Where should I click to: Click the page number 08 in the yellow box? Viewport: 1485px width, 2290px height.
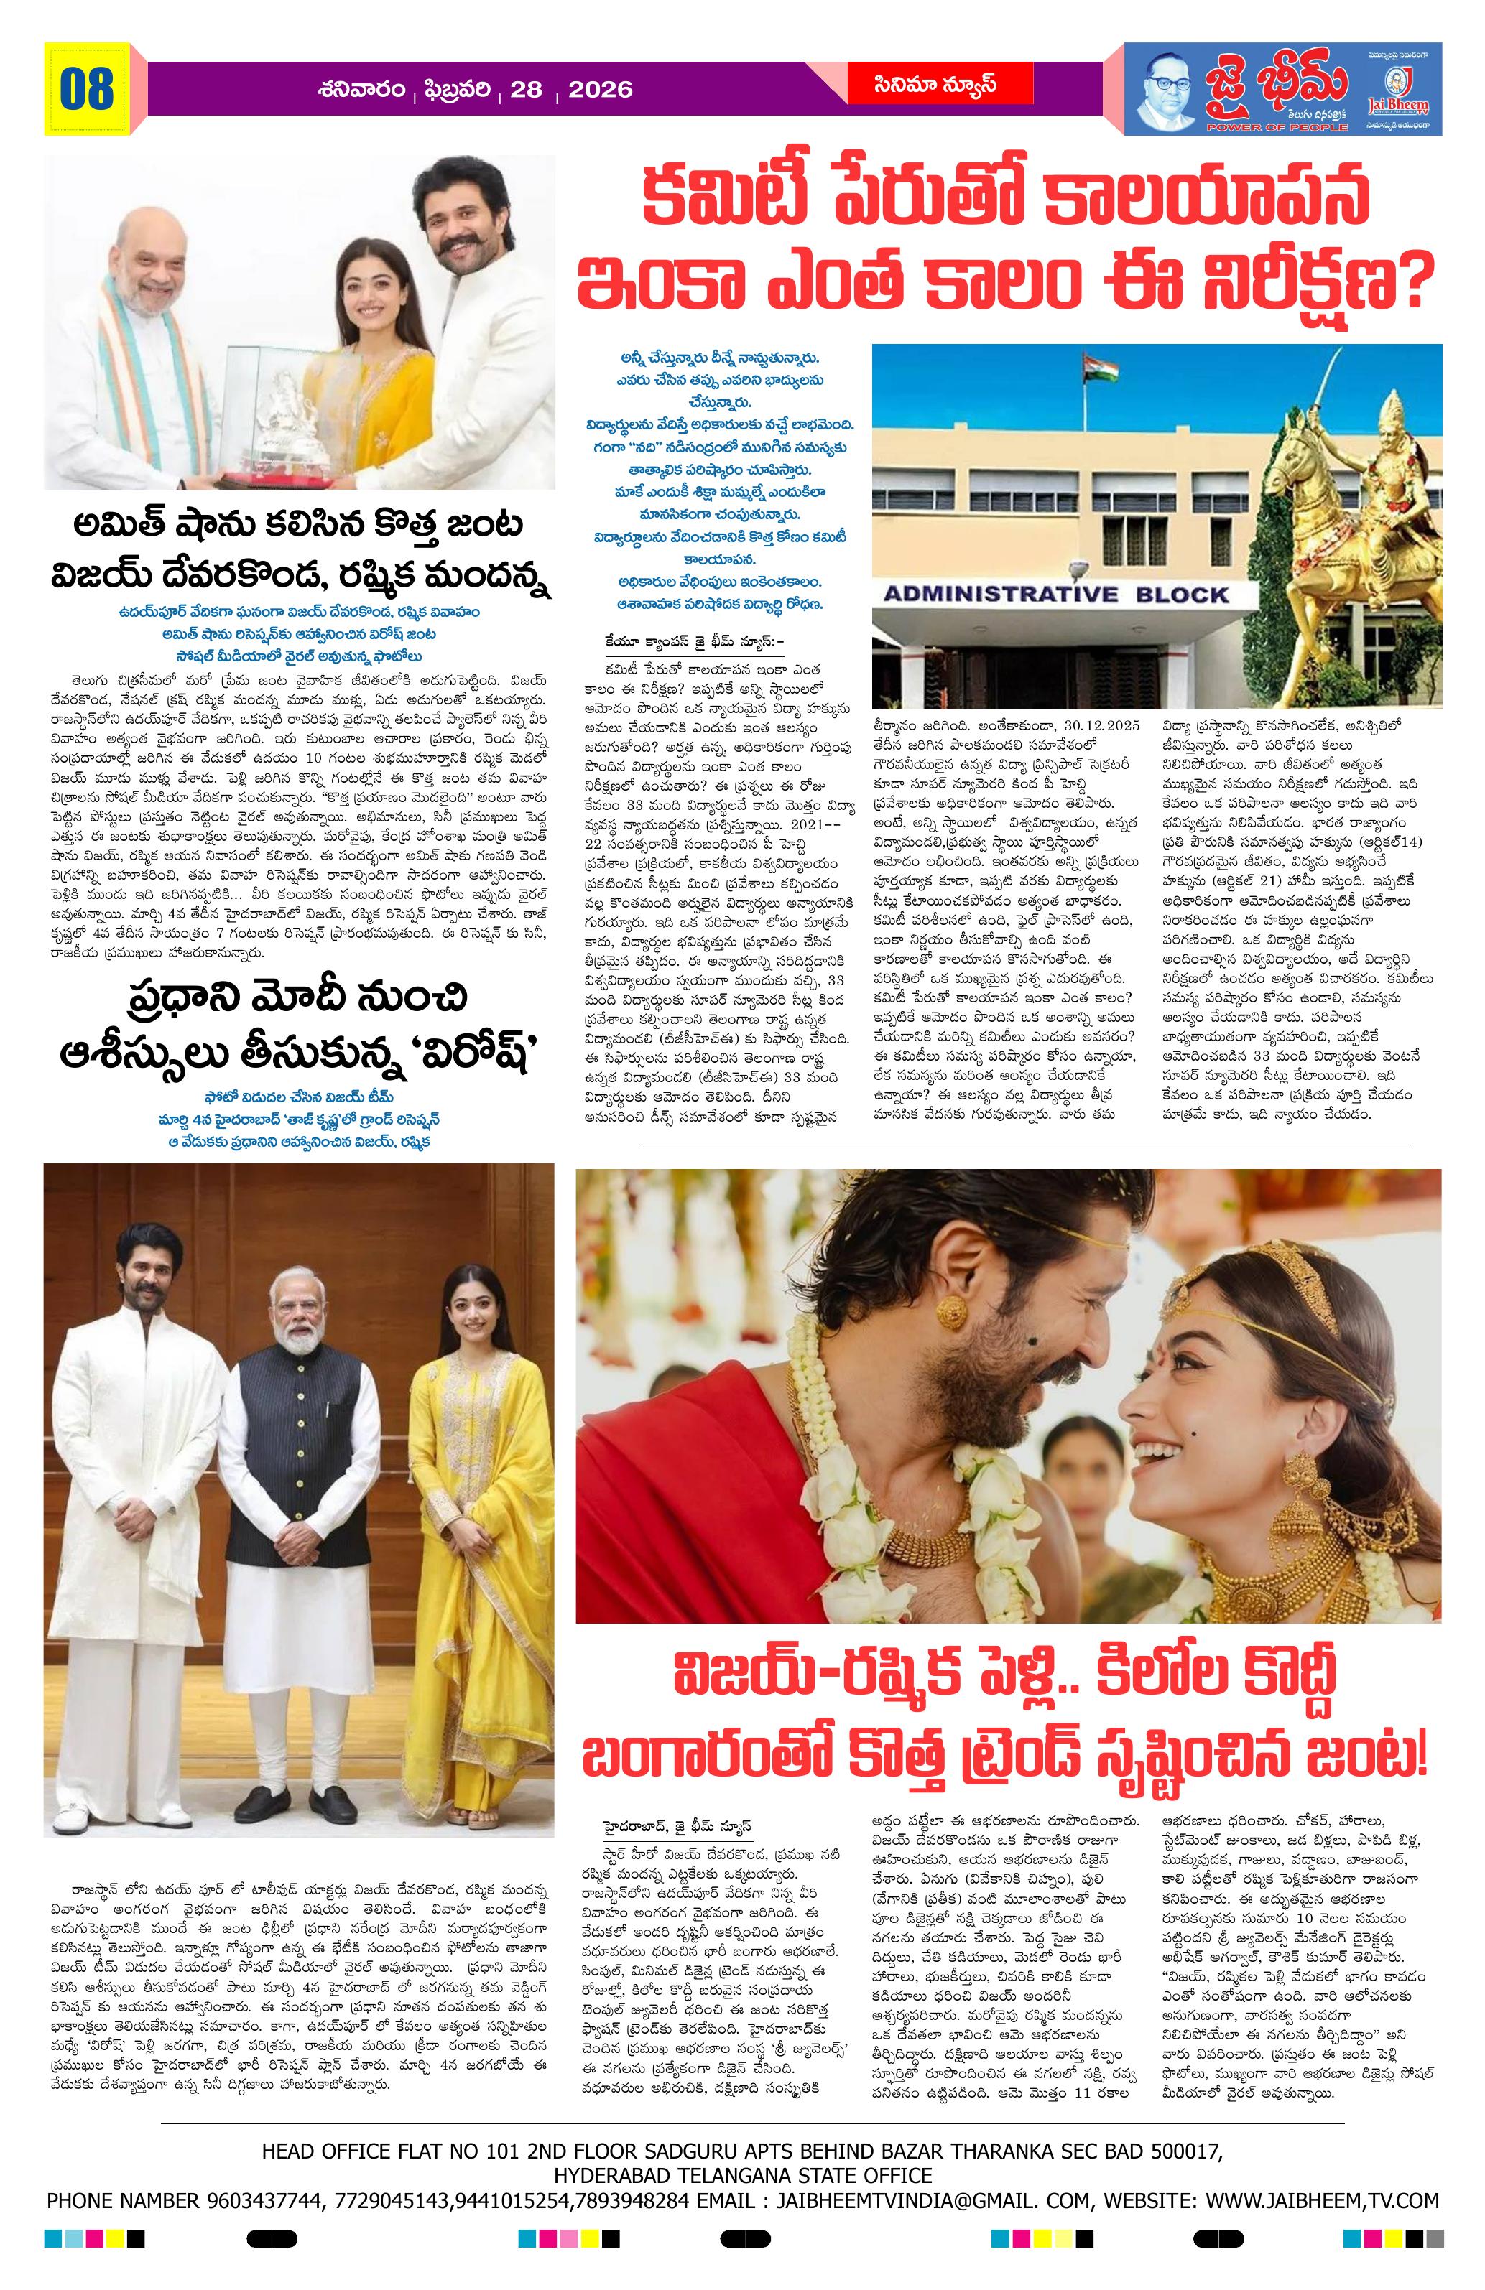[87, 90]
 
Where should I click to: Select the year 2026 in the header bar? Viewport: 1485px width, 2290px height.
[601, 90]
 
